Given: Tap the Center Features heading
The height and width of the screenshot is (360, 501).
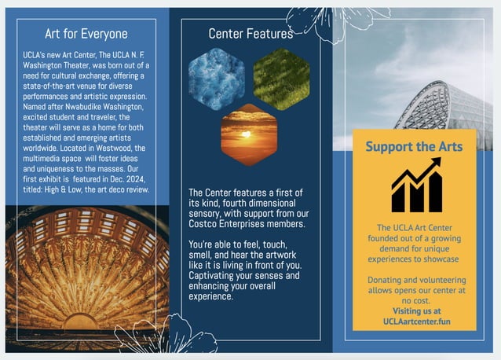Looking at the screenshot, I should [x=251, y=34].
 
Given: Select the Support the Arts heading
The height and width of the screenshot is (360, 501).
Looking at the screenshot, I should [x=414, y=146].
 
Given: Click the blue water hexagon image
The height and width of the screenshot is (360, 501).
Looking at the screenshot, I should [x=215, y=79].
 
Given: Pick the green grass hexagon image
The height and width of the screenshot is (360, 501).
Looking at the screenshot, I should [x=281, y=79].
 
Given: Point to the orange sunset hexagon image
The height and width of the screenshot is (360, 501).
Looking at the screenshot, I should [x=249, y=134].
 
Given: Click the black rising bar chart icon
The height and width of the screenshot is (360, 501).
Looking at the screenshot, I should [x=415, y=185].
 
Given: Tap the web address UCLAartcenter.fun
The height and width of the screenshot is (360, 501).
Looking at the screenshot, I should [x=416, y=321].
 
